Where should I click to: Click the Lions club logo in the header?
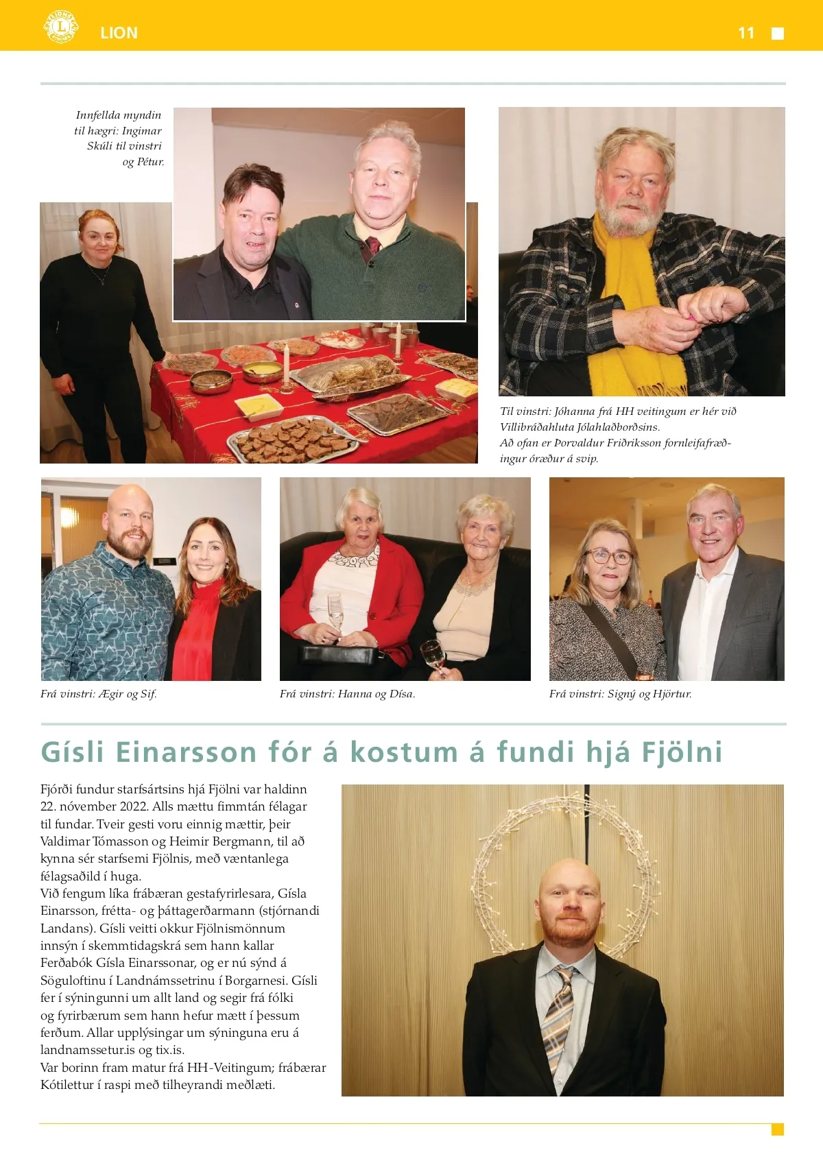60,27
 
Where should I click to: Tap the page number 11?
746,33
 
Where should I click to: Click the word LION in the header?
119,33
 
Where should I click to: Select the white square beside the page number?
778,34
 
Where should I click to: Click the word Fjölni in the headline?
682,752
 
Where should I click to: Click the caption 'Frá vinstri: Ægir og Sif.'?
99,694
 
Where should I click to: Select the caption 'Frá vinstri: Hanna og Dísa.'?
347,694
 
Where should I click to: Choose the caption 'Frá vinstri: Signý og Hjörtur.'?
620,694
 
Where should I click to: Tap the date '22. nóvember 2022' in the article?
95,806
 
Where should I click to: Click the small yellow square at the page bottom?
777,1129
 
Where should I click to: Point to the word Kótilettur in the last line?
71,1085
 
